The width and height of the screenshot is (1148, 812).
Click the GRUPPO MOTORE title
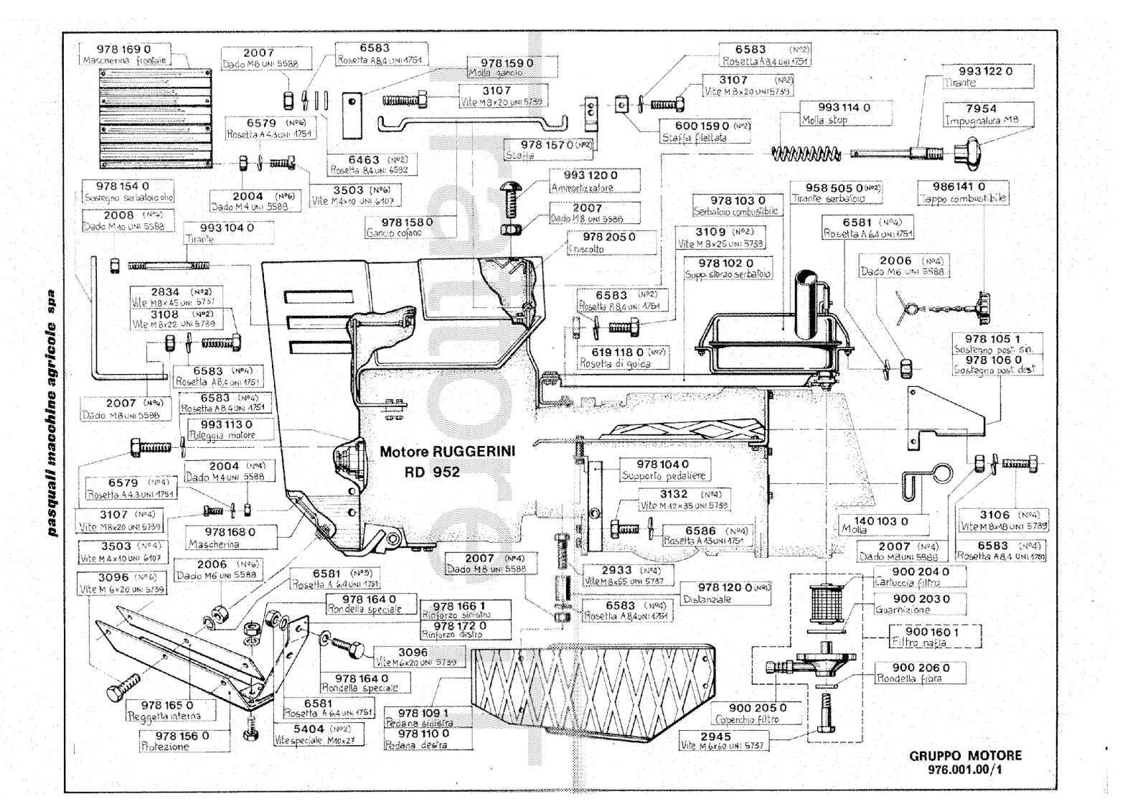point(965,755)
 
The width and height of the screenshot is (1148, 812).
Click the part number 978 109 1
point(423,713)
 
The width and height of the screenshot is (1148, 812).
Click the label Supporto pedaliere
point(664,475)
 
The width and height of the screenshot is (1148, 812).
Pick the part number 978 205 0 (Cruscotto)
point(609,237)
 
